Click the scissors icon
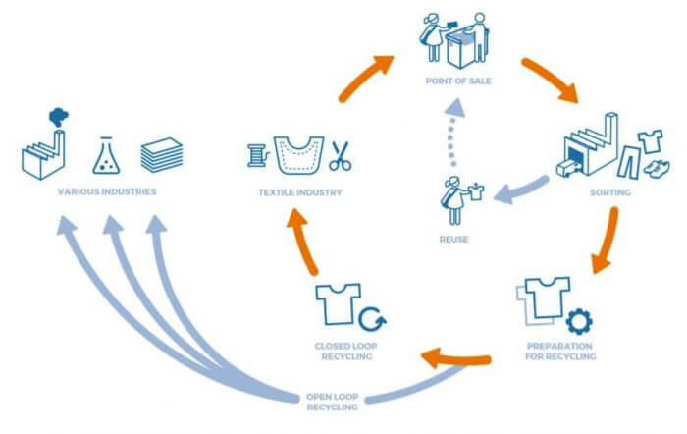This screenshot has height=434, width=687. point(341,155)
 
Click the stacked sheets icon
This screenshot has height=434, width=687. point(159,155)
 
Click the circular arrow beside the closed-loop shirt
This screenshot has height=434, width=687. point(372,319)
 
